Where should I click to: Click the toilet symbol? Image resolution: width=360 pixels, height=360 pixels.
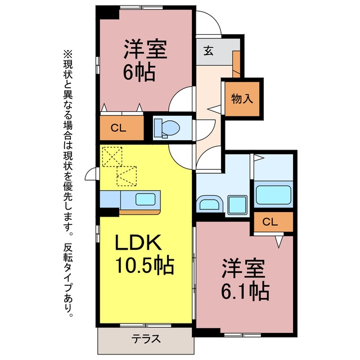coord(167,128)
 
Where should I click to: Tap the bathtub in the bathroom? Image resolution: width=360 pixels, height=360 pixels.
coord(273,195)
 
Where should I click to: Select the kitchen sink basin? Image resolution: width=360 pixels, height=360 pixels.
coord(145,199)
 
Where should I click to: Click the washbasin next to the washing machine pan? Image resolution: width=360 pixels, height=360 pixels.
coord(209,203)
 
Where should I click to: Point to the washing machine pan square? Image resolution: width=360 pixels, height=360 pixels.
coord(237,205)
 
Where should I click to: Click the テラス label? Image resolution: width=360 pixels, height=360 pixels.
coord(146,339)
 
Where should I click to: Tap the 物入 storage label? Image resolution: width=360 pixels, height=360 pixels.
coord(242,99)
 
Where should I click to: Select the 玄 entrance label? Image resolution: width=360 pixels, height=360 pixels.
coord(209,51)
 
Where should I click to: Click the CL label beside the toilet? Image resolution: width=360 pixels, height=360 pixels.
coord(118,128)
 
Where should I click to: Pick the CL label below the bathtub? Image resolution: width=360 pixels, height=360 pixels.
coord(270,222)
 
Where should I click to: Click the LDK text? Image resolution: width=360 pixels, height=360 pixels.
coord(138,242)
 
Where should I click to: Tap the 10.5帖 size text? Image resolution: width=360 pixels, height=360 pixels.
coord(145,265)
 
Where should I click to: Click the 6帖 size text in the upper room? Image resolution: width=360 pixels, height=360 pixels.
coord(139,72)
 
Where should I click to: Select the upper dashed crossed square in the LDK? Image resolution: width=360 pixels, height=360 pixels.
coord(112,156)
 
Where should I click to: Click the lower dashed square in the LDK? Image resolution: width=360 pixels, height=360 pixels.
coord(127,176)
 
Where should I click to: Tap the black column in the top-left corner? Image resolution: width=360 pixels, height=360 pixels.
coord(107,12)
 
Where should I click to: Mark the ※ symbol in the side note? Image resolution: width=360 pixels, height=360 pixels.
coord(67,55)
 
